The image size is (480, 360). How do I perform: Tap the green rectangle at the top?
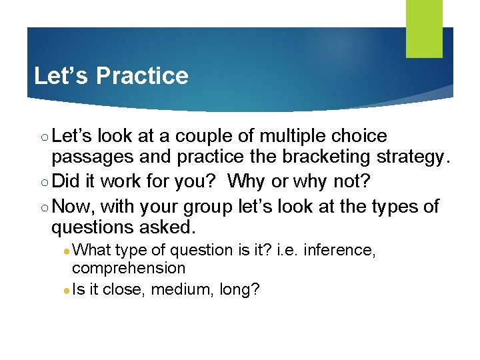[x=425, y=29]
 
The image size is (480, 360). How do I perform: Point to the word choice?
[x=360, y=137]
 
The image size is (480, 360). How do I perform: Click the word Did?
[x=65, y=182]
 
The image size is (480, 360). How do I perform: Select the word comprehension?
[x=129, y=268]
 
